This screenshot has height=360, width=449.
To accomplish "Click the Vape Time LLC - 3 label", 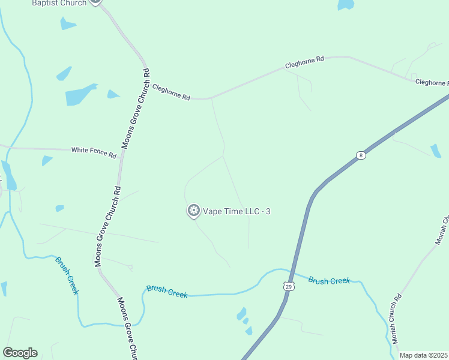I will pos(232,211).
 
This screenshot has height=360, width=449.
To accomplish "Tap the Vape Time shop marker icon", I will pos(193,211).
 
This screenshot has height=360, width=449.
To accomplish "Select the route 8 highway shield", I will pos(360,155).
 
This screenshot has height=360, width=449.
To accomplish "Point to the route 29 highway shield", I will pos(289,287).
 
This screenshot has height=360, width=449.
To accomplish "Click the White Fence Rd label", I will pos(94,152).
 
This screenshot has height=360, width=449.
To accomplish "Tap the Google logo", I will pos(20,353).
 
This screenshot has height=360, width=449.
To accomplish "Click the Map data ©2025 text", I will pos(424,355).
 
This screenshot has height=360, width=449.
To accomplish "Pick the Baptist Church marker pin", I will pos(95,2).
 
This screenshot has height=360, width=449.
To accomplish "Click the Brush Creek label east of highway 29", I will pos(329,280).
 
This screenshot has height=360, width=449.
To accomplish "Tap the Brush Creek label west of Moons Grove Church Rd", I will pos(67,275).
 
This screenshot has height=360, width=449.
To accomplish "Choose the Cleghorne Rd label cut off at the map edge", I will pos(432,82).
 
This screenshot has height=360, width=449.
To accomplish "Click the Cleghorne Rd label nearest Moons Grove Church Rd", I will pos(171,91).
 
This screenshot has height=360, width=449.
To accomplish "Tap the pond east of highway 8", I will pos(436,151).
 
